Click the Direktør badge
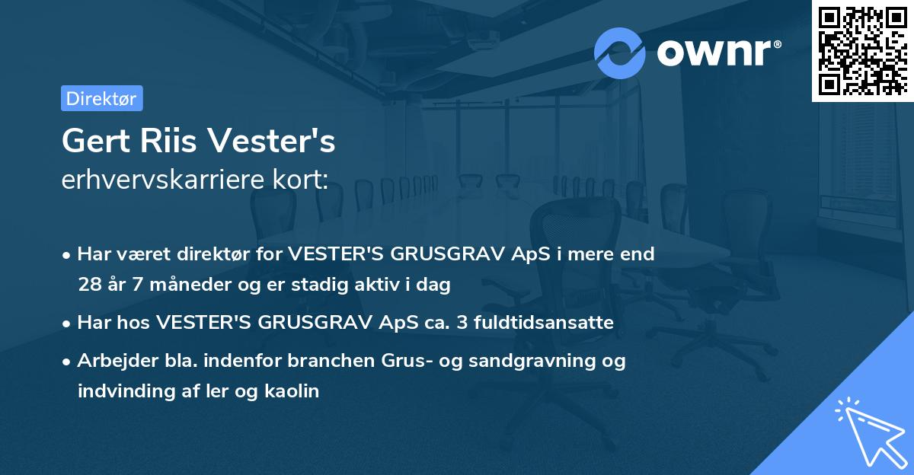[x=101, y=98]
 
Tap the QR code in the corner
[x=862, y=50]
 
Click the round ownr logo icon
[x=620, y=53]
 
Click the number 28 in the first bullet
[x=89, y=285]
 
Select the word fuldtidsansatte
[x=543, y=323]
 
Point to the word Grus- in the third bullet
[x=404, y=361]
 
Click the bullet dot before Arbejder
[x=68, y=362]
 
